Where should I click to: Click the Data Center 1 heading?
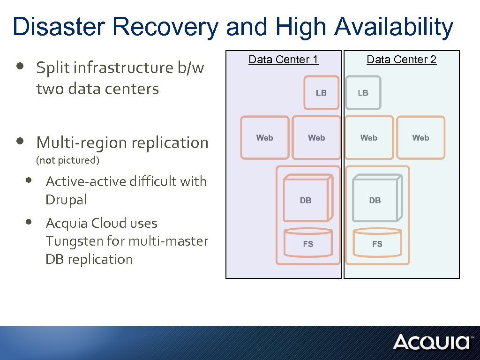tap(283, 60)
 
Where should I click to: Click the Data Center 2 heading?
tap(401, 60)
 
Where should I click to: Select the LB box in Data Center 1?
tap(321, 92)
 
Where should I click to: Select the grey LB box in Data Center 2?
tap(363, 92)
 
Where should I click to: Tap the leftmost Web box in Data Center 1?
tap(265, 137)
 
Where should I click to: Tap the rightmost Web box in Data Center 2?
tap(420, 137)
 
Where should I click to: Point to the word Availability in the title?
tap(393, 27)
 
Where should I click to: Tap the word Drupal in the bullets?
tap(66, 200)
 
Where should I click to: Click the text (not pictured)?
tap(68, 160)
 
